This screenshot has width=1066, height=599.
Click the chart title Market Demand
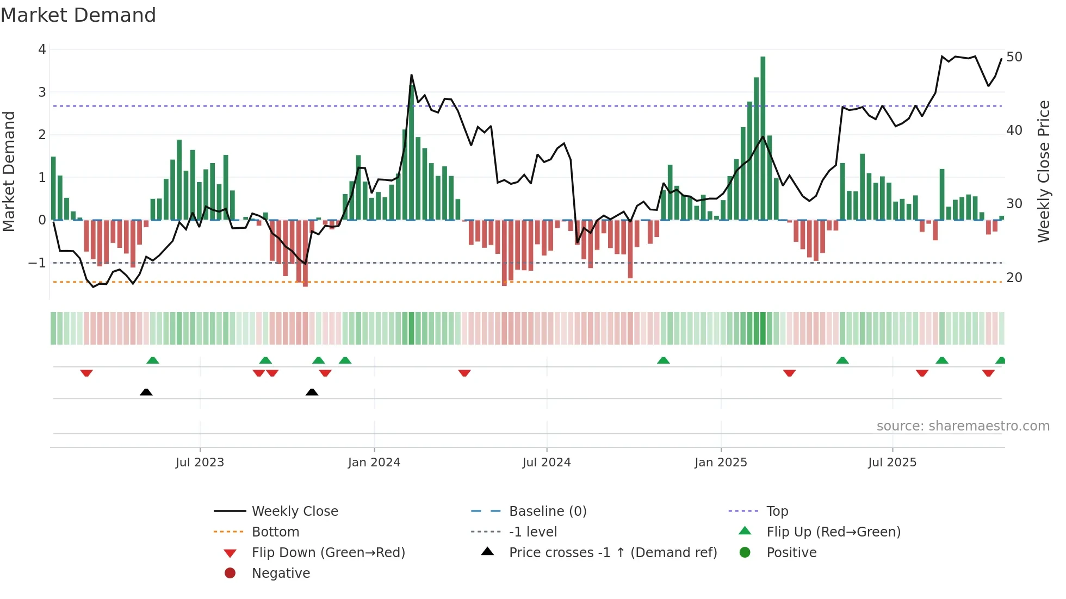point(78,15)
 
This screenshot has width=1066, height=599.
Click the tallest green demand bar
point(763,136)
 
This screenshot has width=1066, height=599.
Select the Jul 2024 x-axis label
point(547,463)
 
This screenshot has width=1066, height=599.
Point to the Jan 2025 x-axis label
point(721,463)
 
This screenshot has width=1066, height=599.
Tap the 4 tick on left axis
point(42,49)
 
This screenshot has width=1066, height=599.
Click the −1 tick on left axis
point(38,263)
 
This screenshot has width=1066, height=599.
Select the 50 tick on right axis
point(1014,57)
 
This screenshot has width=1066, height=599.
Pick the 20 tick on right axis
point(1014,278)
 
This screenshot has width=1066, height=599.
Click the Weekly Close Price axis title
point(1043,171)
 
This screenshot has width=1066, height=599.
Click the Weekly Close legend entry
point(294,511)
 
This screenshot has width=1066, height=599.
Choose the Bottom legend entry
point(275,532)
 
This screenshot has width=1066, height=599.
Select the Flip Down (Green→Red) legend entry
point(328,553)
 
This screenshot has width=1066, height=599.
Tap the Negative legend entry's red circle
point(230,573)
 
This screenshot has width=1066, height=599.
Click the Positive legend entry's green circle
point(745,553)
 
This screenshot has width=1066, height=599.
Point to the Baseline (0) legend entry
point(547,511)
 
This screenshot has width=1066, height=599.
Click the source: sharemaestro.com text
point(963,426)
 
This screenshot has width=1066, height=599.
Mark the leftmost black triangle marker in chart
point(146,392)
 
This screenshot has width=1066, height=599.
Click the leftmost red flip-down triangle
point(86,373)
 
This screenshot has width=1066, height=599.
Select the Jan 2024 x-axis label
point(374,463)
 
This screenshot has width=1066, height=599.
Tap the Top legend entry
point(777,511)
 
